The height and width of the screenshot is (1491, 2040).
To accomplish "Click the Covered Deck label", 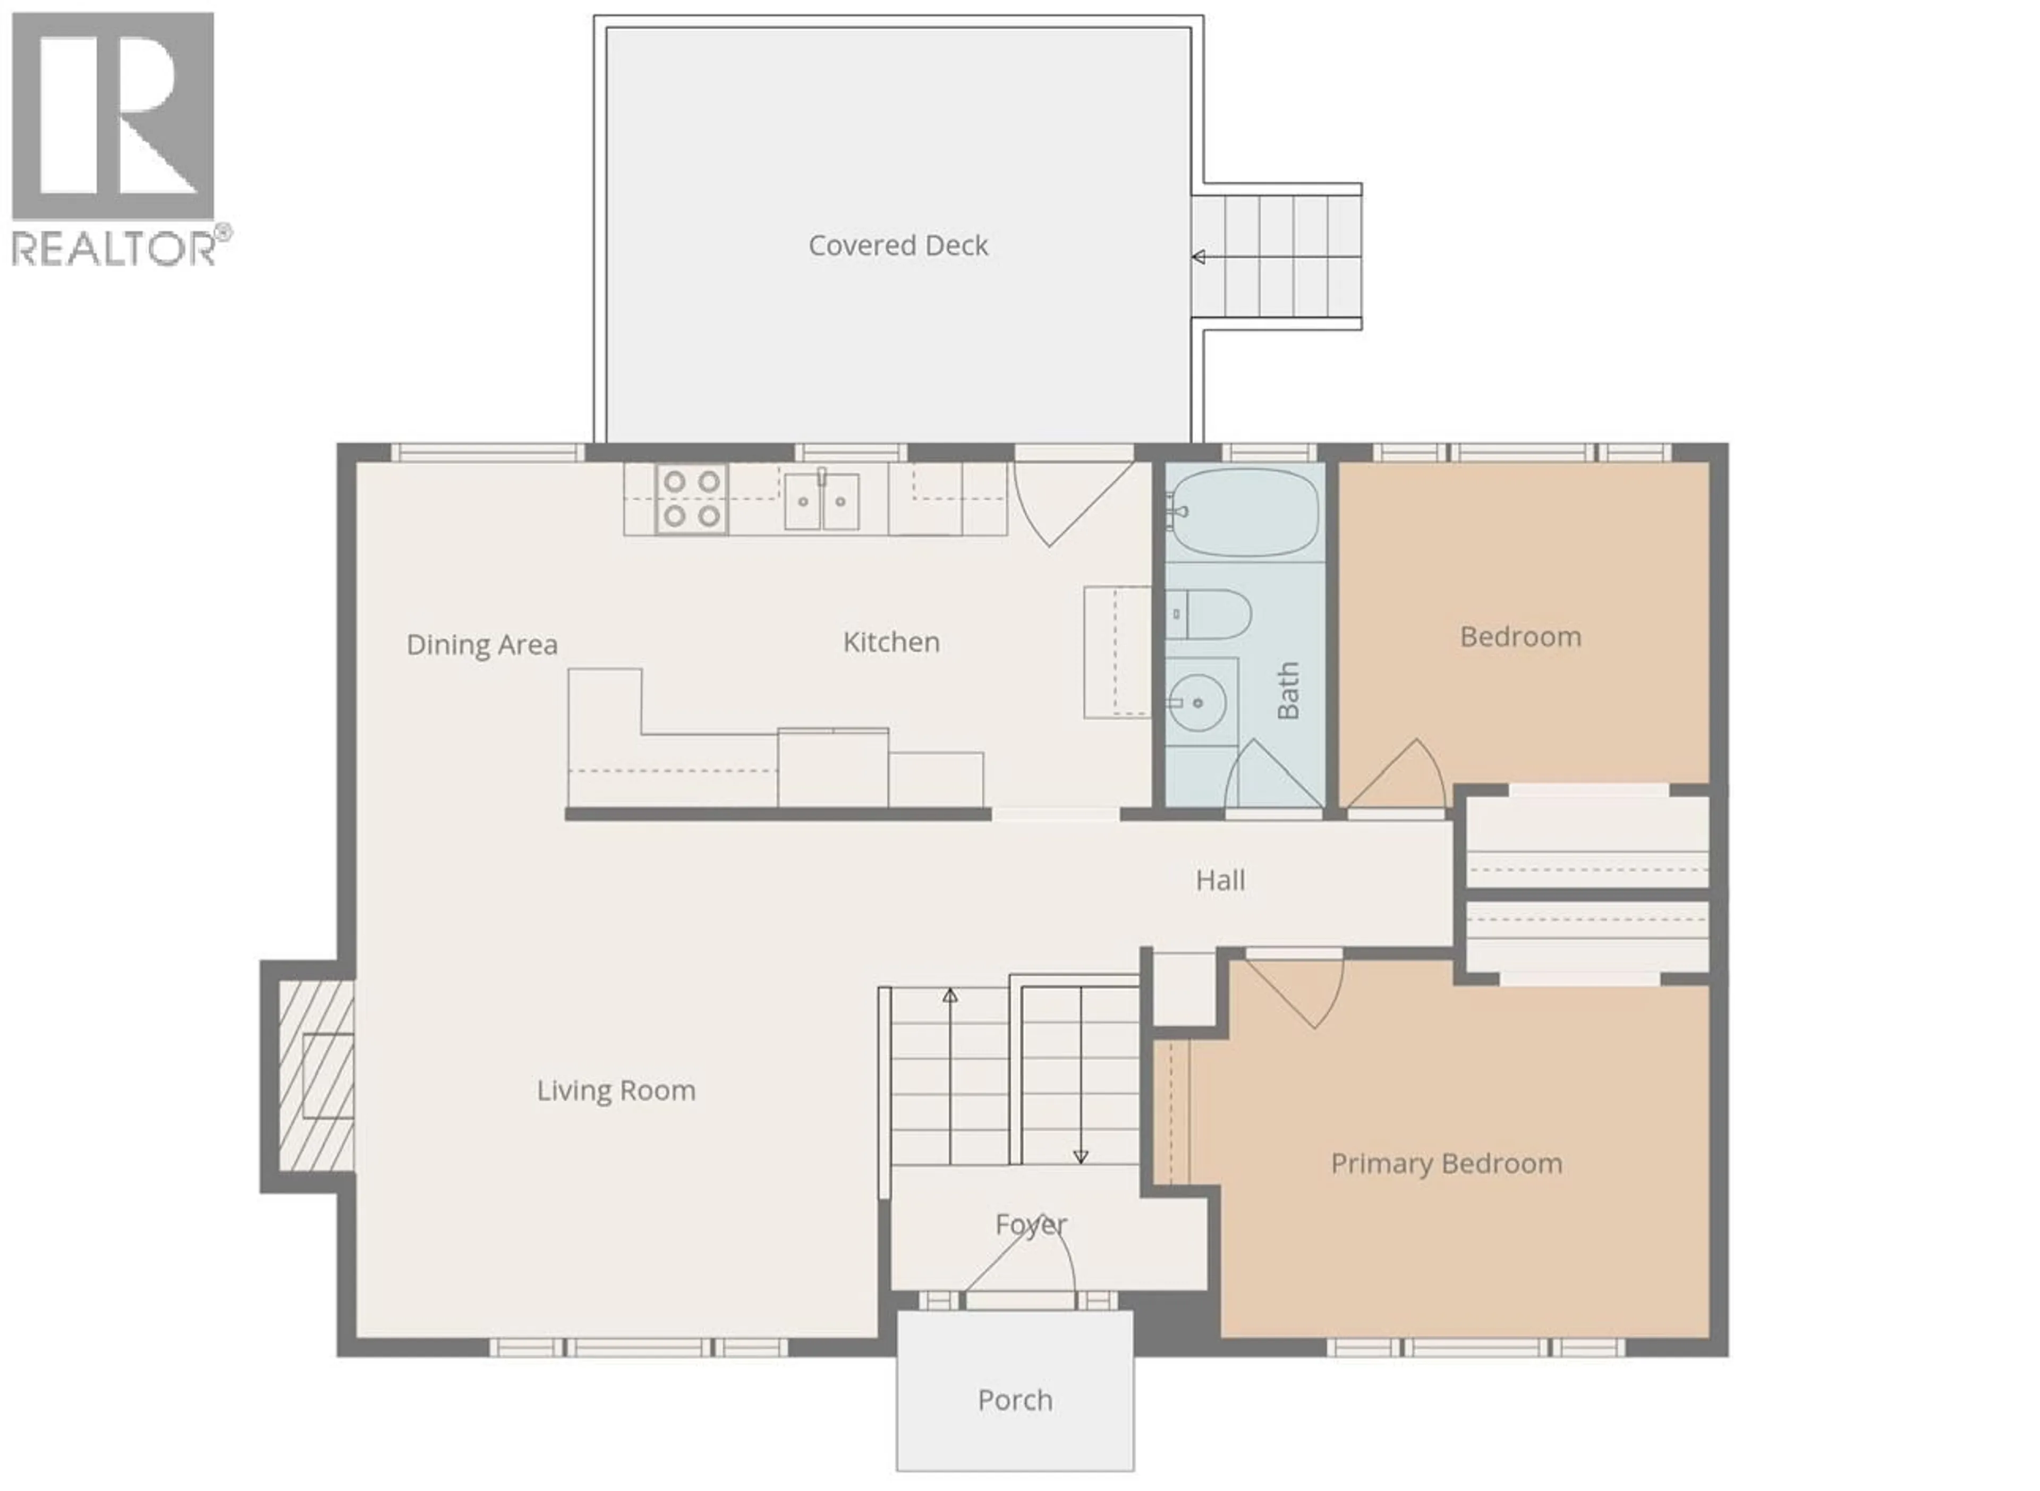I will [x=898, y=245].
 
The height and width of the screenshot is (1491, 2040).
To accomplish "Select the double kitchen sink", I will [x=821, y=501].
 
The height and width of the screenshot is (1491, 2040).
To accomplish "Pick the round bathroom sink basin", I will [x=1197, y=701].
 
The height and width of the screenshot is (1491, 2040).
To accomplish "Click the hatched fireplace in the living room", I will [x=316, y=1076].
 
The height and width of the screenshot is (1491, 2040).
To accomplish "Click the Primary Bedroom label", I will [x=1446, y=1163].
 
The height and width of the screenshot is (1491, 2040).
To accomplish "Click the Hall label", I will [x=1220, y=880].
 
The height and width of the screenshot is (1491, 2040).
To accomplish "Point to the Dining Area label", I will [x=482, y=644].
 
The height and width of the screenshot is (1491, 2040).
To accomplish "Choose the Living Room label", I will [x=616, y=1090].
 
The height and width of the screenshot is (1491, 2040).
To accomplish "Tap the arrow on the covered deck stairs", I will [x=1198, y=257].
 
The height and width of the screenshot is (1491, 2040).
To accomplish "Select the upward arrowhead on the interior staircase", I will [x=949, y=995].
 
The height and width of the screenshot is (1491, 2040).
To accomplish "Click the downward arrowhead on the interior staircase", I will [x=1081, y=1157].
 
